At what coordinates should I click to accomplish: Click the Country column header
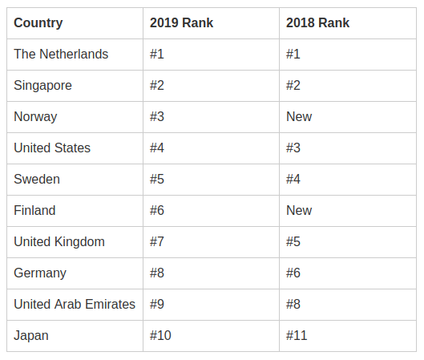[x=38, y=23]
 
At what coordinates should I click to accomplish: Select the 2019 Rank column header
[x=181, y=22]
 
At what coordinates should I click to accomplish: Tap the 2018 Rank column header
[x=317, y=22]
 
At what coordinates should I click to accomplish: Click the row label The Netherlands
[x=61, y=54]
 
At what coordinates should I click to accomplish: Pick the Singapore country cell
[x=42, y=86]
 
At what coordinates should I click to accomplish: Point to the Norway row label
[x=35, y=117]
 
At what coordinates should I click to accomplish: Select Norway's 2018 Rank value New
[x=299, y=116]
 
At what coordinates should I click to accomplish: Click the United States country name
[x=52, y=148]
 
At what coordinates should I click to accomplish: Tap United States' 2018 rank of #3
[x=293, y=148]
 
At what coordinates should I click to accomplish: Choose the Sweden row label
[x=37, y=179]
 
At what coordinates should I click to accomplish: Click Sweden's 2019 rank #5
[x=157, y=179]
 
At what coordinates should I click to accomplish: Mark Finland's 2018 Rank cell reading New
[x=299, y=210]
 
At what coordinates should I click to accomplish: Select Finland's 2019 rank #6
[x=157, y=210]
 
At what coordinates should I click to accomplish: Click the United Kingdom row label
[x=59, y=242]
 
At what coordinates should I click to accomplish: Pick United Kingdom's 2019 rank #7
[x=157, y=242]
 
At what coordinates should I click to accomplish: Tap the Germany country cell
[x=40, y=273]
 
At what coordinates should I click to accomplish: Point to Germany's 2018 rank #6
[x=293, y=273]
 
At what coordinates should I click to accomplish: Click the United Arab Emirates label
[x=75, y=305]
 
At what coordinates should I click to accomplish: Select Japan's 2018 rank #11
[x=297, y=335]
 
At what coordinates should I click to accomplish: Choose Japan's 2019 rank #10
[x=160, y=335]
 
